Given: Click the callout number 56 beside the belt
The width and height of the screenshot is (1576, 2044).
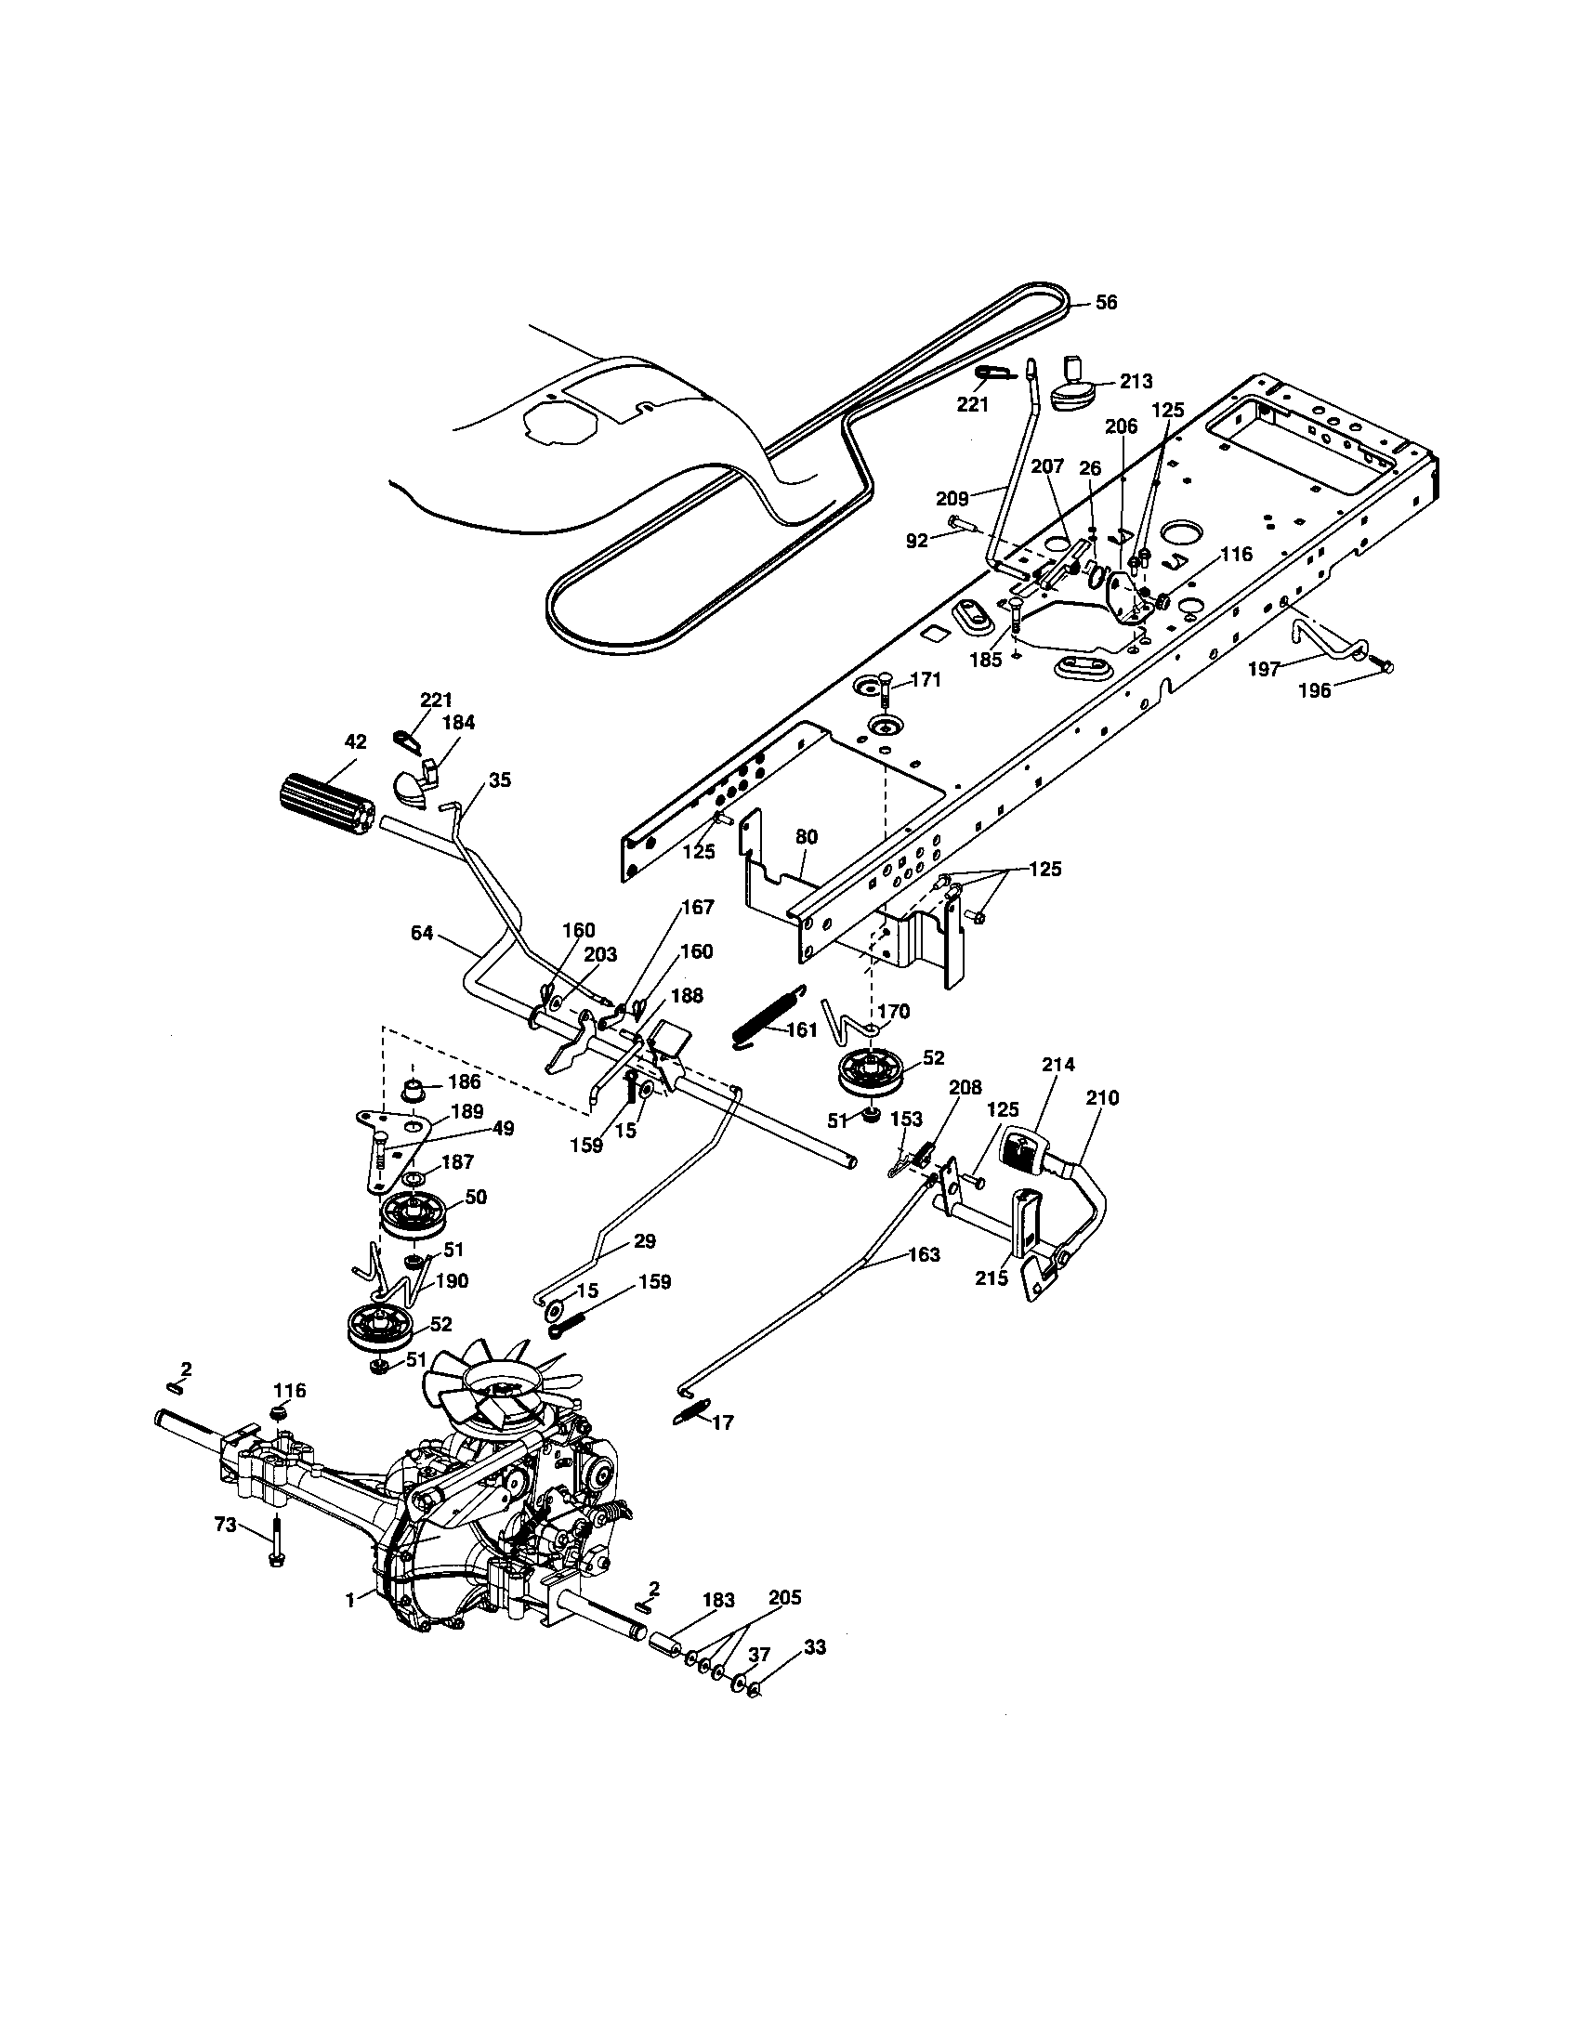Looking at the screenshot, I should coord(1106,303).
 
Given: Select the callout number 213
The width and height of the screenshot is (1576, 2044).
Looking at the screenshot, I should coord(1136,382).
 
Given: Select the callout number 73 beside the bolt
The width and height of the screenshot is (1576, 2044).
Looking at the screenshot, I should coord(225,1525).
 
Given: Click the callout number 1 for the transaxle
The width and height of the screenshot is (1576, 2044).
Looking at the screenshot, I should coord(349,1601).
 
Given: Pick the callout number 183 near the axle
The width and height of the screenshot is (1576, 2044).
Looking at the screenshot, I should coord(717,1601).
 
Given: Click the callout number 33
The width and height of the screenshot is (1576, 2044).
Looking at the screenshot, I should coord(815,1647).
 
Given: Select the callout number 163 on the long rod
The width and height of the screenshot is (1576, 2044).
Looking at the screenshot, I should coord(923,1255).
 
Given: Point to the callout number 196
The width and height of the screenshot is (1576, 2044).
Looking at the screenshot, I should coord(1314,691).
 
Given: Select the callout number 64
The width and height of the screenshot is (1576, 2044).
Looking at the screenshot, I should coord(423,933).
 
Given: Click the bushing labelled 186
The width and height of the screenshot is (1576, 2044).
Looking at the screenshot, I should coord(413,1092).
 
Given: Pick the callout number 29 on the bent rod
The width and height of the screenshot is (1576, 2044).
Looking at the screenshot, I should coord(644,1242).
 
